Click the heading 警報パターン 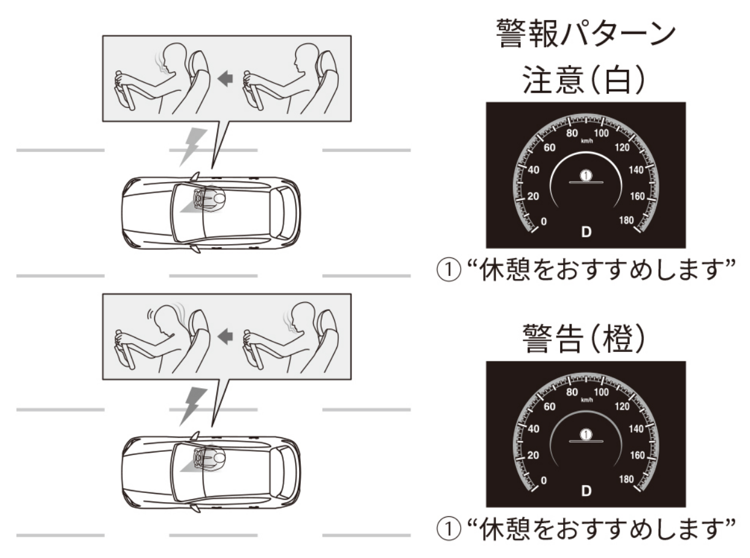[585, 33]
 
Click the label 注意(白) [583, 80]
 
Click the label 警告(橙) [583, 338]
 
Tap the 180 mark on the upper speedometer [626, 220]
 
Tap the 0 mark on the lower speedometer [544, 480]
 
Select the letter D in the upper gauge [586, 232]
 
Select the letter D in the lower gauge [586, 491]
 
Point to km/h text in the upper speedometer [586, 141]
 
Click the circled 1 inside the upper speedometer [586, 175]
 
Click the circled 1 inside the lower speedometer [586, 434]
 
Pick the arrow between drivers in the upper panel [225, 78]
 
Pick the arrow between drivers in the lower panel [225, 337]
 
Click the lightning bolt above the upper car [192, 147]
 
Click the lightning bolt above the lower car [192, 407]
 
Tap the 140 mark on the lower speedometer [636, 429]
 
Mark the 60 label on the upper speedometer [550, 148]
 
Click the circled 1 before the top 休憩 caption [449, 270]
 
